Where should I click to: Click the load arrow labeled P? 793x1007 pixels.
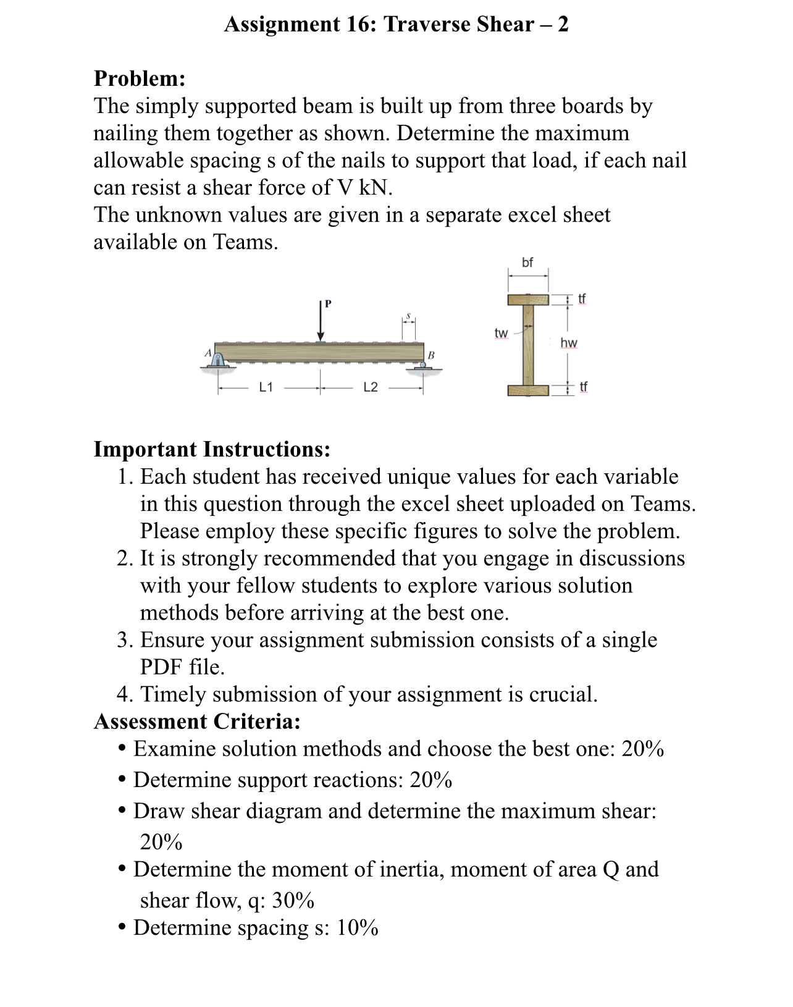tap(321, 321)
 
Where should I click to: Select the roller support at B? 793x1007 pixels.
tap(422, 366)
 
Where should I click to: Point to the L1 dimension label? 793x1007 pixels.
tap(266, 388)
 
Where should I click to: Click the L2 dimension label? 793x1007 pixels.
tap(371, 388)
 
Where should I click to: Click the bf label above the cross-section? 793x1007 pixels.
tap(527, 263)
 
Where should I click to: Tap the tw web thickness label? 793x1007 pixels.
tap(501, 334)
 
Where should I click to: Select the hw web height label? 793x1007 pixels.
tap(569, 343)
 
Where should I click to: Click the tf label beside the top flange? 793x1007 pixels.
tap(582, 300)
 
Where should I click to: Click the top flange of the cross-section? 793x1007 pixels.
tap(528, 300)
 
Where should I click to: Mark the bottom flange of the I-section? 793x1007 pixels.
tap(528, 390)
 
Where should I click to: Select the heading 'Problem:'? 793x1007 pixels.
tap(140, 79)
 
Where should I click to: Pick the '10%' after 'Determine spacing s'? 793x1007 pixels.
tap(357, 928)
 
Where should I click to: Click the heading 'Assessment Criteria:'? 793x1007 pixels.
tap(197, 722)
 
